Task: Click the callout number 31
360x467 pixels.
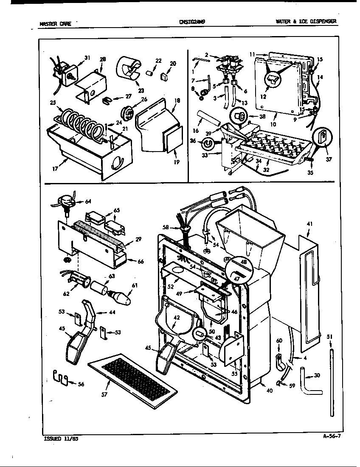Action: coord(87,58)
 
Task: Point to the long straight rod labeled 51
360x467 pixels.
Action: coord(331,382)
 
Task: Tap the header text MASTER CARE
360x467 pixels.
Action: coord(52,24)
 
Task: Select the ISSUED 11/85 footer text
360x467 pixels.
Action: coord(61,439)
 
